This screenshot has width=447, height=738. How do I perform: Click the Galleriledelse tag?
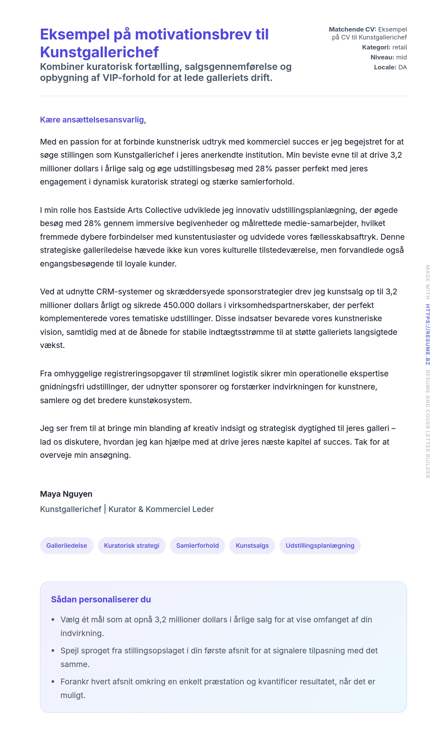tap(67, 545)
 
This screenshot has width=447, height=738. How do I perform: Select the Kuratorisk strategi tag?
tap(131, 545)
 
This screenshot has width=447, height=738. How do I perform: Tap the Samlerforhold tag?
tap(197, 545)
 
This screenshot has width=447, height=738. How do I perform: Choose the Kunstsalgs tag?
tap(252, 545)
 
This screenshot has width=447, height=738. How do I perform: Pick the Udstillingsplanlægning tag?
tap(320, 545)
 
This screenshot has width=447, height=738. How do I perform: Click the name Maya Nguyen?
tap(66, 494)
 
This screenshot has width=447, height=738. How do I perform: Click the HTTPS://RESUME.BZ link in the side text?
tap(428, 334)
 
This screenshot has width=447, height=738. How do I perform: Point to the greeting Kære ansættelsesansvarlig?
tap(93, 120)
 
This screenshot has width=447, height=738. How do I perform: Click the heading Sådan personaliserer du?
tap(101, 599)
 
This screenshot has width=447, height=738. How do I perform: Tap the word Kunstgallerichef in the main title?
tap(99, 52)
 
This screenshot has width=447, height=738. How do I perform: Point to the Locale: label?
tap(385, 67)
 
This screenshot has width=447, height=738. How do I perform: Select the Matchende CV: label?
tap(352, 29)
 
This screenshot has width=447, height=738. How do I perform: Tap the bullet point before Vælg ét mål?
tap(53, 620)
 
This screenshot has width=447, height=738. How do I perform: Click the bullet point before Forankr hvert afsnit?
tap(53, 682)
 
